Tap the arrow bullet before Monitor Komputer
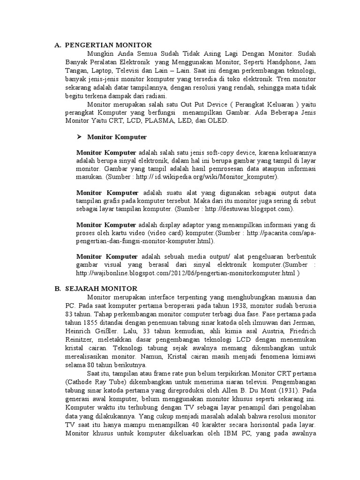[x=79, y=137]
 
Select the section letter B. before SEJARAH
[x=58, y=289]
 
